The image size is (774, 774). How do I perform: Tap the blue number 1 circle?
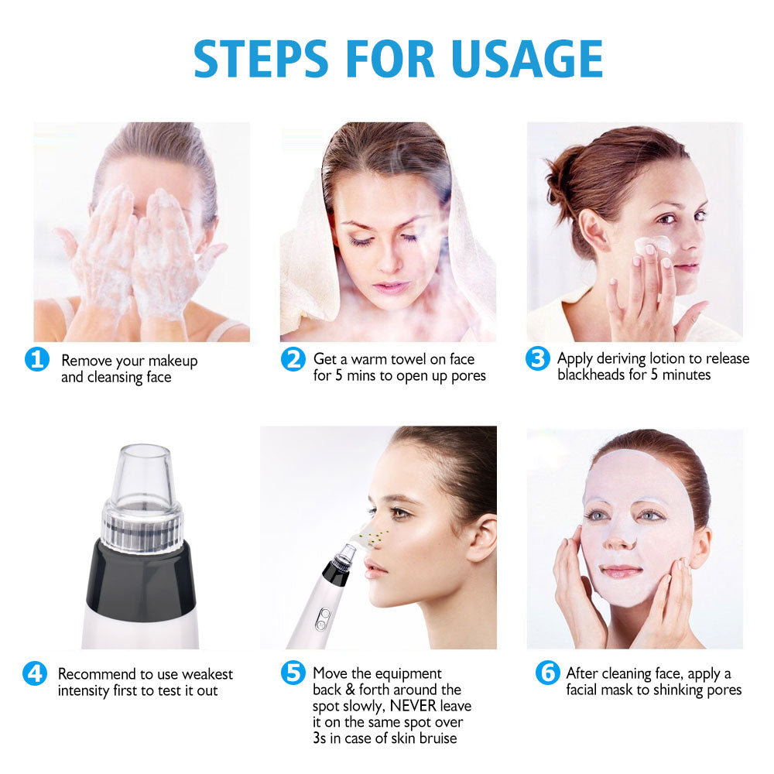point(37,360)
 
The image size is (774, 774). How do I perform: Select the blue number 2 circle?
point(292,359)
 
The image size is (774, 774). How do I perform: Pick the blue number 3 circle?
point(537,359)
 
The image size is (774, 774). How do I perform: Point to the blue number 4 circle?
point(35,673)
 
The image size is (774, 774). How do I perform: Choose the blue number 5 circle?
point(292,673)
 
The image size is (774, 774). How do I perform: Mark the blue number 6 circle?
point(547,673)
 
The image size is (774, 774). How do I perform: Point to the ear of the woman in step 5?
point(480,537)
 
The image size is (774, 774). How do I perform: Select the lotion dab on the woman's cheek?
point(650,245)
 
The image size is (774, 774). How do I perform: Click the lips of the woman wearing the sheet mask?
point(622,571)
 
